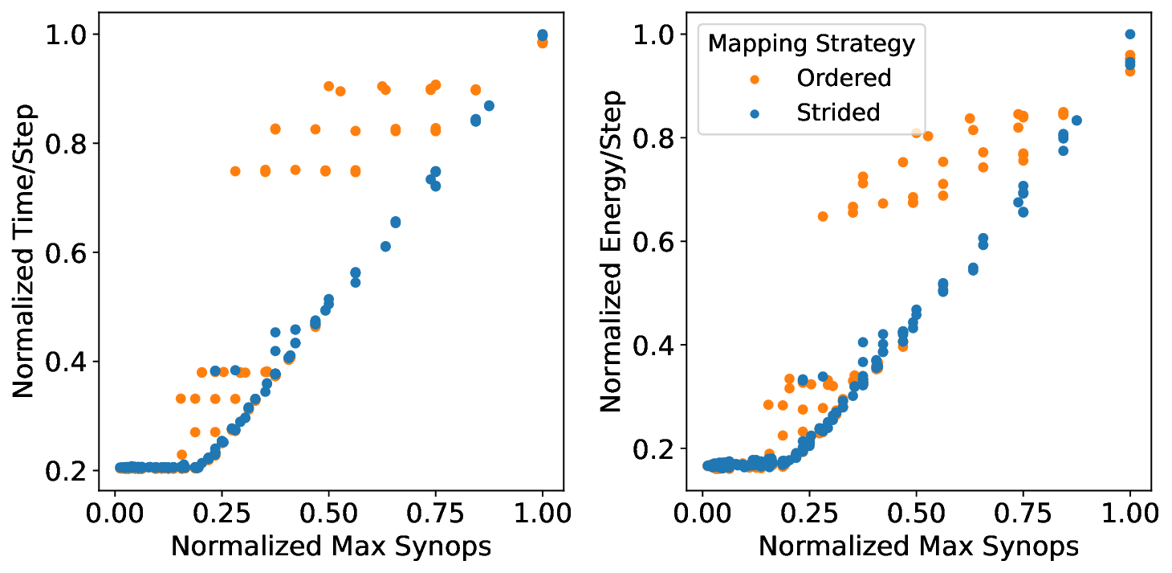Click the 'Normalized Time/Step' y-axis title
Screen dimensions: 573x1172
[25, 251]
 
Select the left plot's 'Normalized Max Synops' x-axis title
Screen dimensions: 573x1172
[331, 546]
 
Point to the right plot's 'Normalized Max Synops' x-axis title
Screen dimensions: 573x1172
[918, 546]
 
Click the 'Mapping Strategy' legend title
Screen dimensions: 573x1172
[811, 43]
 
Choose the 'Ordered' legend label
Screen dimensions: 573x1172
[844, 78]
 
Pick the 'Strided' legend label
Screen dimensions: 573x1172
[838, 113]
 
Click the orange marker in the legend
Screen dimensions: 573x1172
[755, 78]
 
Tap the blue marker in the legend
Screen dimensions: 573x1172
[755, 113]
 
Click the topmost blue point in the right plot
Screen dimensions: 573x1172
[1130, 35]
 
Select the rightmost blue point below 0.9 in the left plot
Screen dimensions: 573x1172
[489, 106]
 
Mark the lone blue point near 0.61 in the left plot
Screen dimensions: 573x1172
[385, 246]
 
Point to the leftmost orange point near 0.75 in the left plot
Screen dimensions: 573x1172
[235, 171]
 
